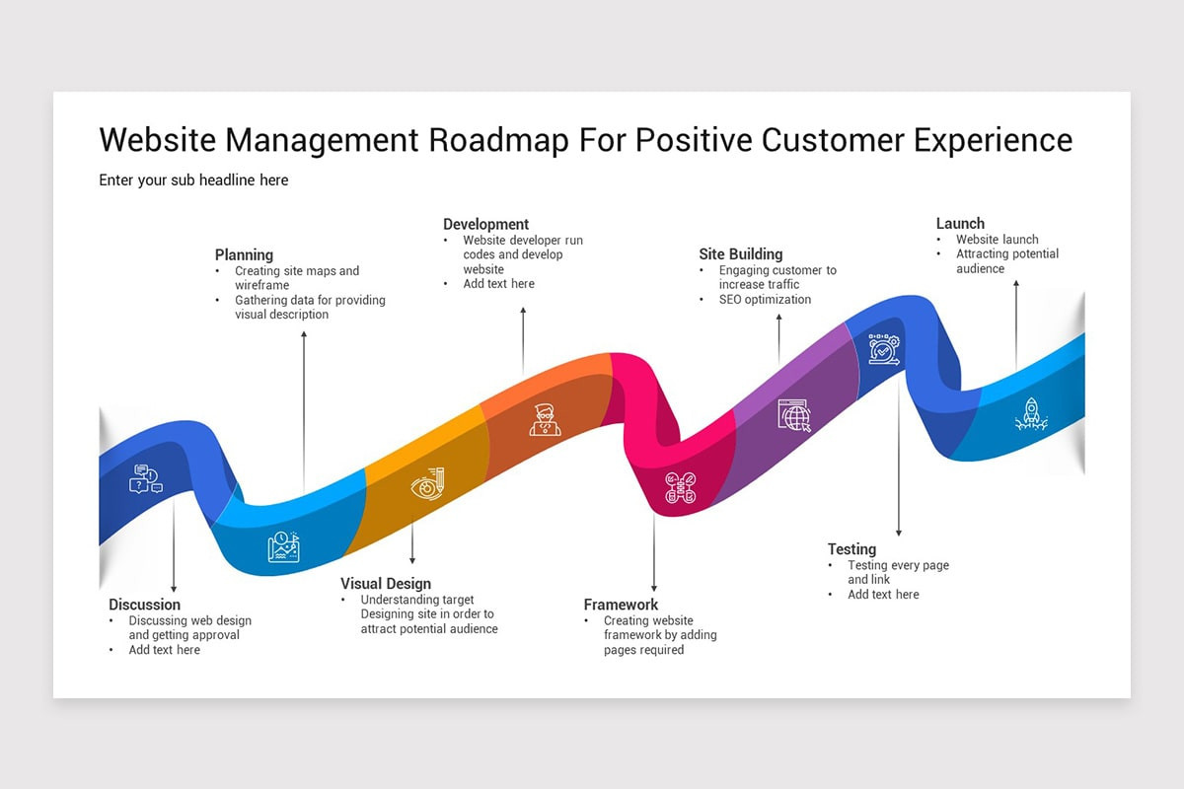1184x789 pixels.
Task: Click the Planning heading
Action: (244, 254)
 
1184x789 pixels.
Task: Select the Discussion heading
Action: (144, 605)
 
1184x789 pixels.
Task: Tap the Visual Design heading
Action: (386, 583)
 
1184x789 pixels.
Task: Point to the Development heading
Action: (485, 224)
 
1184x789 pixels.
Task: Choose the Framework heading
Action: (621, 605)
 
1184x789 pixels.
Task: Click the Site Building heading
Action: (740, 253)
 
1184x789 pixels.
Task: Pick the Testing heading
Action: (851, 549)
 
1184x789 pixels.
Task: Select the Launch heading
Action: (960, 223)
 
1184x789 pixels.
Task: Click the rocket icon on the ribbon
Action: (1030, 415)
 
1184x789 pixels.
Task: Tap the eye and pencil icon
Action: (427, 485)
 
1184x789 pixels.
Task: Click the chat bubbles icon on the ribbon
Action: (145, 479)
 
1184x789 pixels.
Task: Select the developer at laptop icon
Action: (545, 419)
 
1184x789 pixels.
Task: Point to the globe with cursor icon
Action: (793, 415)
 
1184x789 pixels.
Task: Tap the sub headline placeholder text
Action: (193, 179)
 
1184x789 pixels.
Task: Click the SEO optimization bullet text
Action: (765, 299)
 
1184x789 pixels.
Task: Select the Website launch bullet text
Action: (997, 239)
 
